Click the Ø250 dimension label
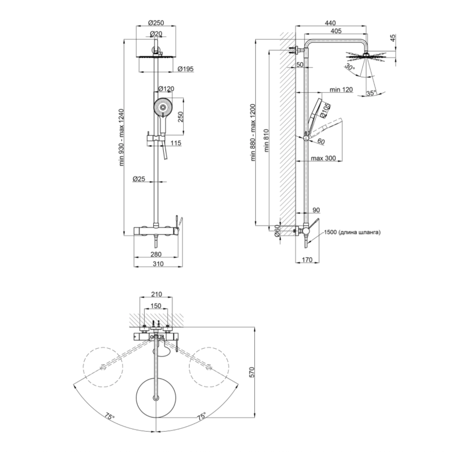tap(156, 23)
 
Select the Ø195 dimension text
tap(186, 69)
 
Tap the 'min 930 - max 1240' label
tap(121, 137)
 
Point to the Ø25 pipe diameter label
tap(138, 179)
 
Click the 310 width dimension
tap(158, 263)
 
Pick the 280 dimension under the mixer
tap(156, 254)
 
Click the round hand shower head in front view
tap(163, 107)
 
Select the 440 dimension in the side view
tap(331, 23)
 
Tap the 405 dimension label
tap(336, 31)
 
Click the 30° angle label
tap(350, 67)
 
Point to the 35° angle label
tap(371, 93)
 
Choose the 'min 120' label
tap(341, 89)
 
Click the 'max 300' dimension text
tap(323, 158)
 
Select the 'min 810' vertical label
tap(266, 140)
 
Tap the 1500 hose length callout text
tap(352, 232)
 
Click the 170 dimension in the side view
tap(307, 260)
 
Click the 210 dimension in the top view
tap(157, 294)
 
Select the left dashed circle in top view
tap(103, 366)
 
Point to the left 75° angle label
tap(110, 416)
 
